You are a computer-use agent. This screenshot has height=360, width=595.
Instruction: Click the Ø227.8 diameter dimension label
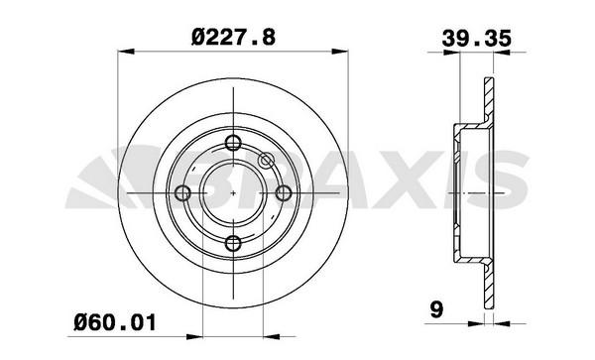click(x=233, y=37)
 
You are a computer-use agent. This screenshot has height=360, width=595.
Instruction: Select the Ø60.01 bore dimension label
click(x=115, y=323)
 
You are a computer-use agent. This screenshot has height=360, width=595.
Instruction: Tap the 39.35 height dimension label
click(x=477, y=38)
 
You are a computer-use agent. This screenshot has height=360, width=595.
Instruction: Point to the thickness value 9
click(x=436, y=309)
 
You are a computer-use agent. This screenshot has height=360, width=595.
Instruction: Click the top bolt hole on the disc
click(x=233, y=143)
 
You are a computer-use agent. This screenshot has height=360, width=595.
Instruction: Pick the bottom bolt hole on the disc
click(x=233, y=243)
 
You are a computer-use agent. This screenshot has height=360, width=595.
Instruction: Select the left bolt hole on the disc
click(x=182, y=193)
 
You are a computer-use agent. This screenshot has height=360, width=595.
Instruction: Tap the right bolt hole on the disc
click(x=283, y=193)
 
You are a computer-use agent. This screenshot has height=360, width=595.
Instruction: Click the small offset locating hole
click(x=266, y=161)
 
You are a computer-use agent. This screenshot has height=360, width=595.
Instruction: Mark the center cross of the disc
click(x=233, y=193)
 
